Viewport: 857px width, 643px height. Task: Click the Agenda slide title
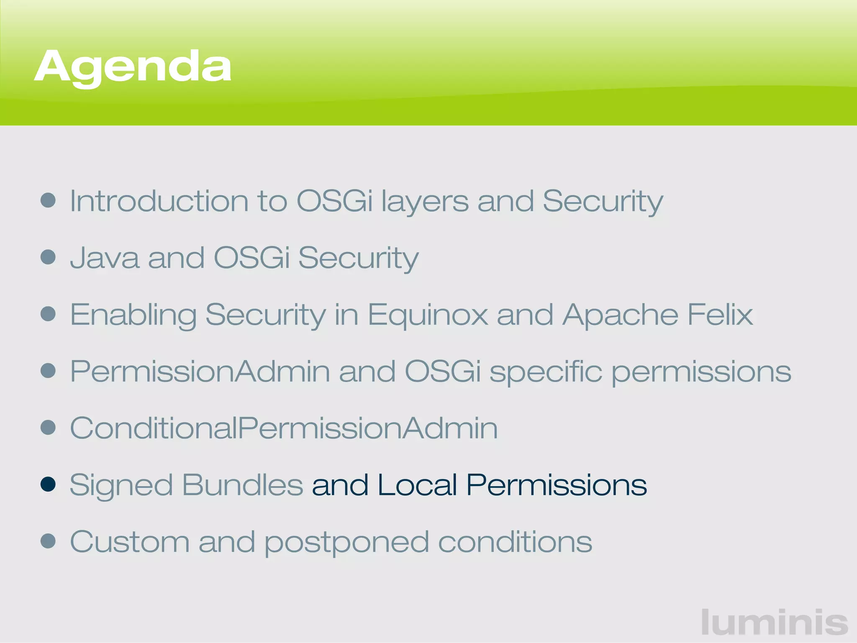pos(133,67)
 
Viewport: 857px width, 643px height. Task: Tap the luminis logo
pos(775,622)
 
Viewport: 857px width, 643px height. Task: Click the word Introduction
pos(159,201)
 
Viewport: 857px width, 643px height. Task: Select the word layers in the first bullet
pos(425,202)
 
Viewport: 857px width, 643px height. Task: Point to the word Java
pos(104,258)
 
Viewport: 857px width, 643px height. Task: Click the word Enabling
pos(133,315)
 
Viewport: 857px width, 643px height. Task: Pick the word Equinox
pos(428,315)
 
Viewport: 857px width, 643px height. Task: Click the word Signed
pos(121,486)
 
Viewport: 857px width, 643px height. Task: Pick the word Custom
pos(130,542)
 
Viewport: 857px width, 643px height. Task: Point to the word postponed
pos(347,543)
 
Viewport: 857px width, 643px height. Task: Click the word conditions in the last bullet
pos(515,542)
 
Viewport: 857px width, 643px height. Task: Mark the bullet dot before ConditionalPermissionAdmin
pos(48,427)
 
